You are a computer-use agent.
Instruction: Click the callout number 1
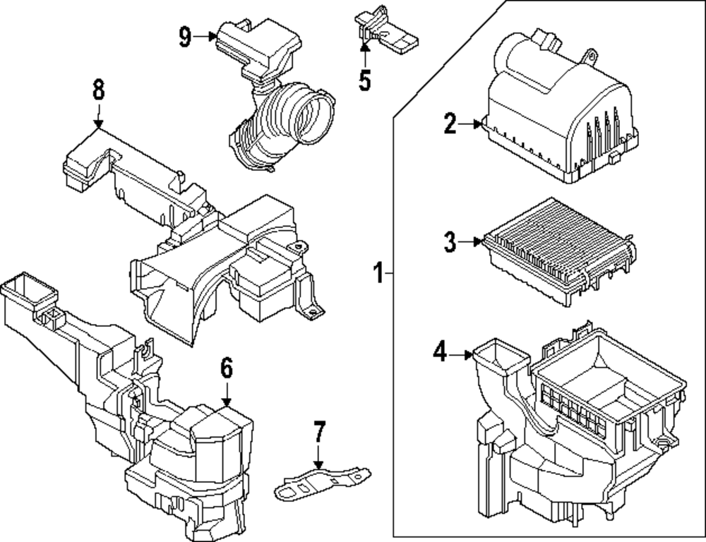click(378, 272)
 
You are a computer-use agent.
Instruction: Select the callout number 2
click(450, 124)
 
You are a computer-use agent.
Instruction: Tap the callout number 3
click(450, 243)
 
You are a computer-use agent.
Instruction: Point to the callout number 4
click(440, 351)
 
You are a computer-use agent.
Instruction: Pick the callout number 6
click(226, 367)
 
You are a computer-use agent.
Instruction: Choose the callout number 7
click(319, 431)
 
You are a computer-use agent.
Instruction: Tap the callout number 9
click(185, 36)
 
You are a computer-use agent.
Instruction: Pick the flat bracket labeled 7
click(321, 482)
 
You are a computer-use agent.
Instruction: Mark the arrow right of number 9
click(207, 36)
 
